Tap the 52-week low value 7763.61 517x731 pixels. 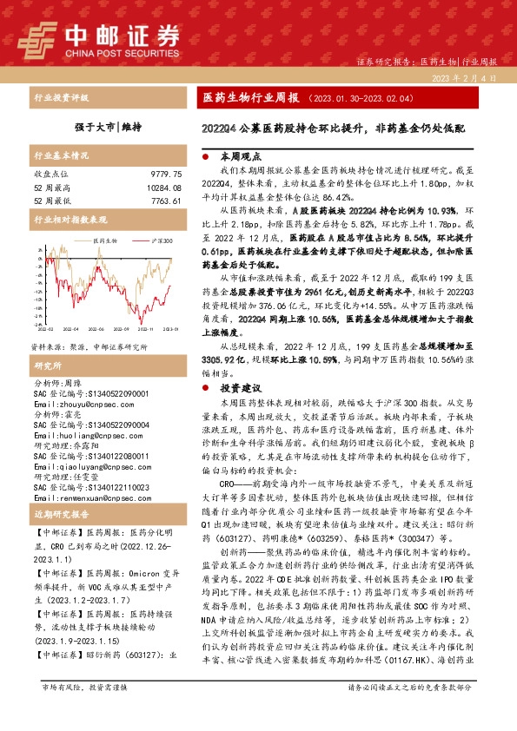pyautogui.click(x=164, y=201)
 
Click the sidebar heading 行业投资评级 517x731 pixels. pyautogui.click(x=61, y=98)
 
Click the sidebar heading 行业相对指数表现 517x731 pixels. pyautogui.click(x=70, y=221)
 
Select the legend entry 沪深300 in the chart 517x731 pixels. pyautogui.click(x=140, y=240)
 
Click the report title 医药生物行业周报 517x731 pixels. pyautogui.click(x=250, y=99)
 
